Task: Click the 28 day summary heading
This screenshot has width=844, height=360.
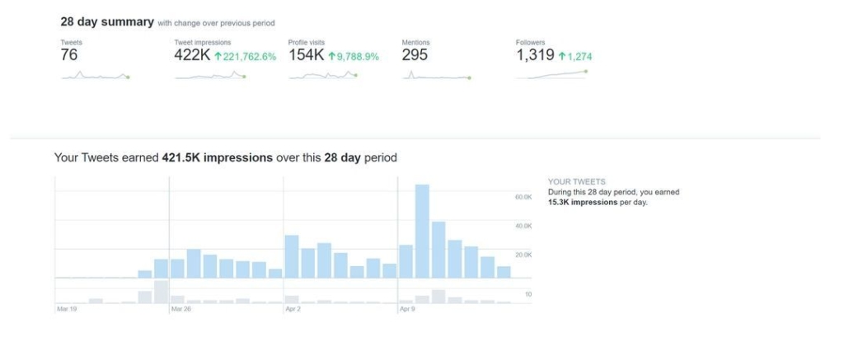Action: [107, 22]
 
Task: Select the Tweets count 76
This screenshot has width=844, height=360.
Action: [69, 55]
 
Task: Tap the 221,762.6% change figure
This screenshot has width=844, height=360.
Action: [245, 57]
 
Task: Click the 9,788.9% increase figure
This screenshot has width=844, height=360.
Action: [353, 57]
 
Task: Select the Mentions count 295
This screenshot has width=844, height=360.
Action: [416, 55]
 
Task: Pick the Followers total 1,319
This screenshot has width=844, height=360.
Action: [535, 55]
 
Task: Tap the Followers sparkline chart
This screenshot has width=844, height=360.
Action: [551, 75]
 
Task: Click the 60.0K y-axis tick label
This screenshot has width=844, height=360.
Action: [523, 198]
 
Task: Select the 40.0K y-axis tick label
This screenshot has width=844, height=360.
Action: [523, 226]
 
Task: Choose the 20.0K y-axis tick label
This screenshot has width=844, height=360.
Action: [523, 255]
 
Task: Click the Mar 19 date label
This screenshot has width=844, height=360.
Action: [67, 310]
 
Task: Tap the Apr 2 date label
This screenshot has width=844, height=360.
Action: [293, 310]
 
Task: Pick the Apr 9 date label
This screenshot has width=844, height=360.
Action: [406, 310]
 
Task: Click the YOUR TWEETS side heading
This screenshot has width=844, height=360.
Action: [577, 181]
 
